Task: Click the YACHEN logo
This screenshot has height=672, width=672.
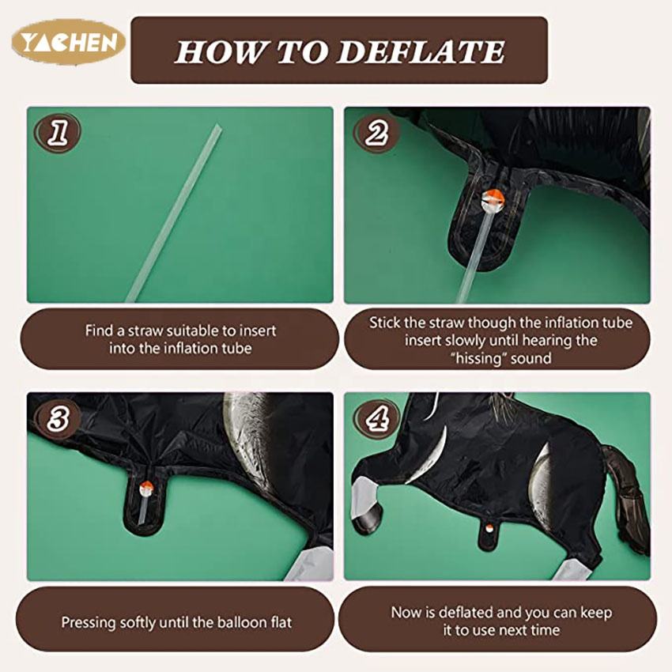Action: (69, 42)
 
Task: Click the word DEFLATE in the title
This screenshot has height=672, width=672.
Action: (421, 52)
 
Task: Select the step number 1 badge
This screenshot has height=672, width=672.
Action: (58, 133)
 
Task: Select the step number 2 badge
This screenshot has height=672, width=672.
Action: (376, 133)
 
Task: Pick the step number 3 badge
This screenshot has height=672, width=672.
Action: (58, 418)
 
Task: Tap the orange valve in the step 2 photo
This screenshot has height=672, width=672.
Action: (493, 198)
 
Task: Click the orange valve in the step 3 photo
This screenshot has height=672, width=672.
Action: (146, 486)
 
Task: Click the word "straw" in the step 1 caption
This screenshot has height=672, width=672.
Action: (145, 330)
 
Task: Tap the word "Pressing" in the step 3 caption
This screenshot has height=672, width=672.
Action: (88, 623)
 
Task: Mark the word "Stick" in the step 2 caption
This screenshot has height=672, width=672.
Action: (384, 323)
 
